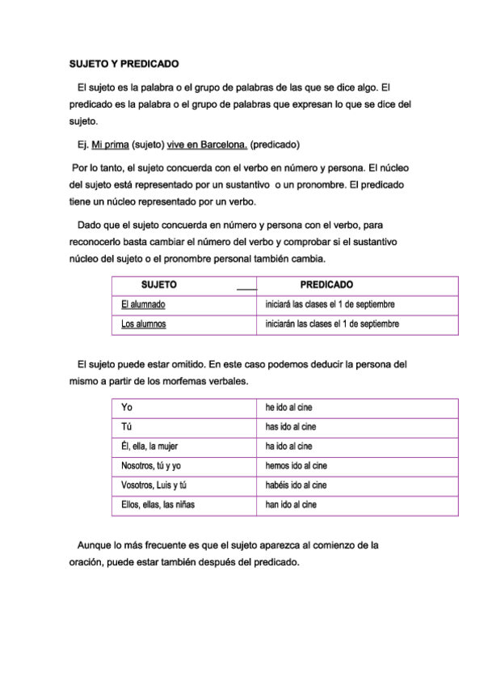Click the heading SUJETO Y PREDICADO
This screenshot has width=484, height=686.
coord(123,63)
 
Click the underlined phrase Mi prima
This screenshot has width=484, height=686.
coord(110,146)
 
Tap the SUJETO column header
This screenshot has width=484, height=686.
coord(159,285)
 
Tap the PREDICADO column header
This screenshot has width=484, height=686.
coord(326,285)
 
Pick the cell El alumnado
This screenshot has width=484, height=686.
coord(143,305)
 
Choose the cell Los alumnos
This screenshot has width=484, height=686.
coord(143,324)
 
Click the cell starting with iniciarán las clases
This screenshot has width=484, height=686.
coord(332,324)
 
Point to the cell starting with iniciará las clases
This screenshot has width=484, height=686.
coord(330,305)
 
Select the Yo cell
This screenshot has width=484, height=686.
coord(127,407)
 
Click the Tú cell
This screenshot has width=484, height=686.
coord(127,426)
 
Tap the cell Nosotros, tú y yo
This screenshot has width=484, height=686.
coord(151,466)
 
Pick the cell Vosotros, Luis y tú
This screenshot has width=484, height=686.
coord(154,485)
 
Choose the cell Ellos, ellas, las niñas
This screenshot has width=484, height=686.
coord(158,505)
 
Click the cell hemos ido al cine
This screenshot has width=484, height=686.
coord(296,466)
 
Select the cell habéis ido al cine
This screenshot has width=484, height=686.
coord(296,485)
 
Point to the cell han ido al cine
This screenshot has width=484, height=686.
coord(291,505)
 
